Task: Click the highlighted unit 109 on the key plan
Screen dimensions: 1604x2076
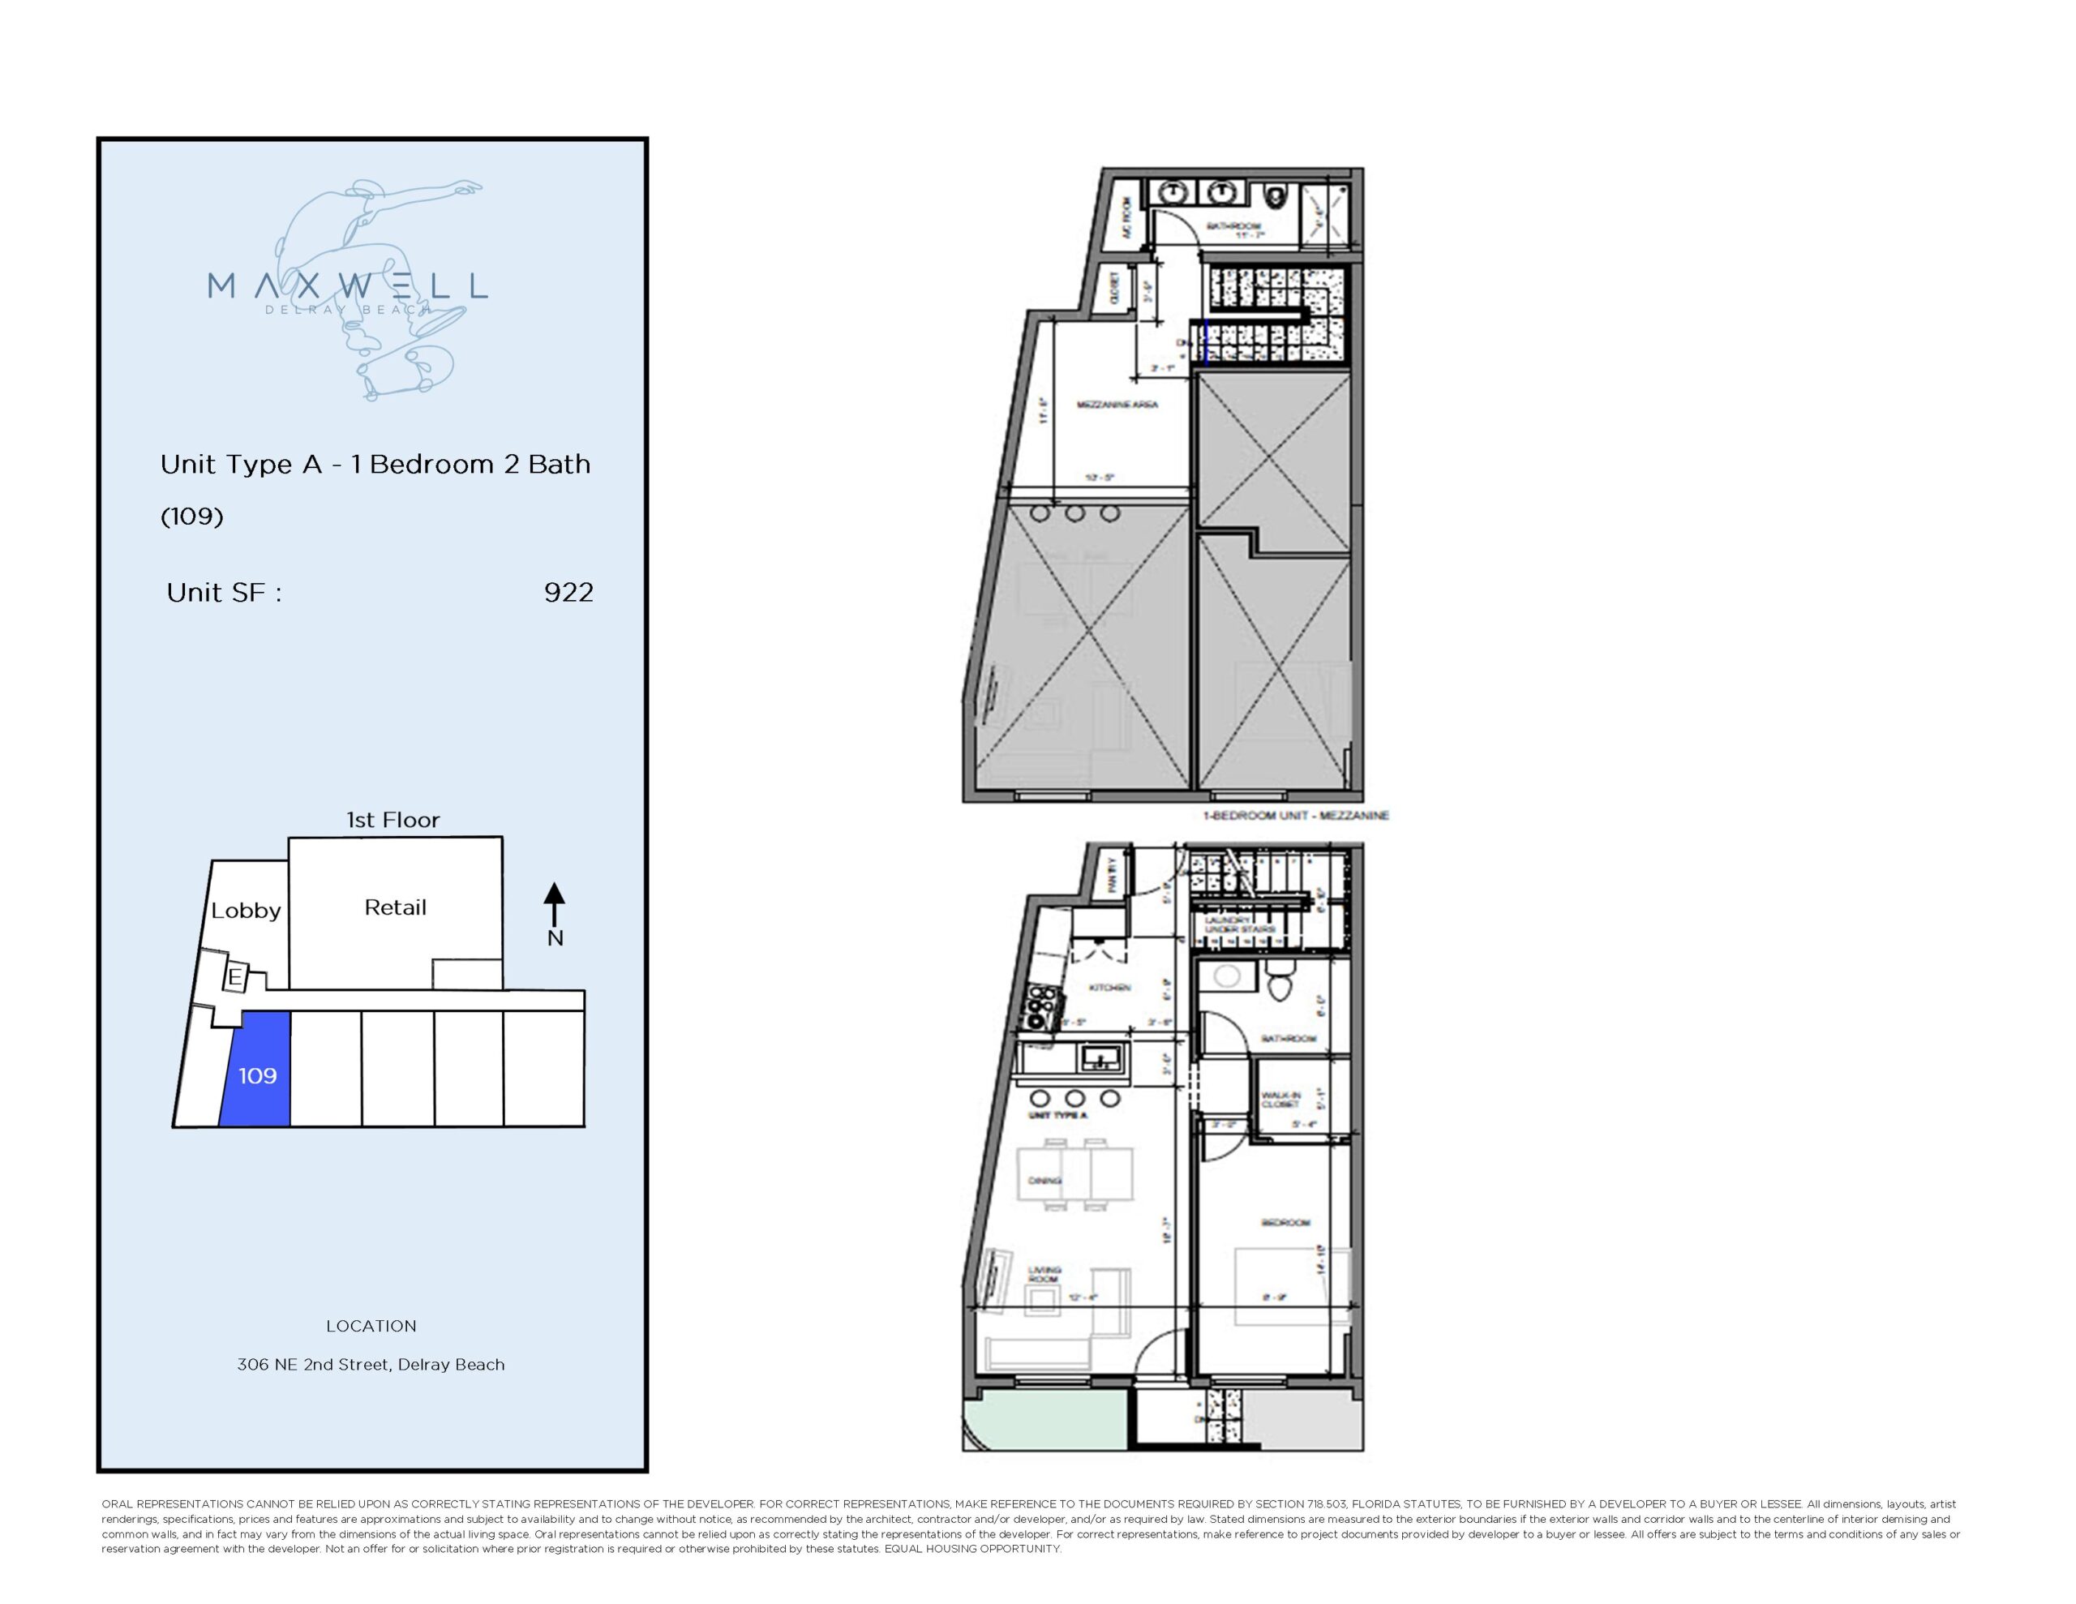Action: coord(256,1074)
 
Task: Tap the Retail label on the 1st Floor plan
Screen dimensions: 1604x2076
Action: coord(396,907)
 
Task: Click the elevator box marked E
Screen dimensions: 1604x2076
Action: coord(234,976)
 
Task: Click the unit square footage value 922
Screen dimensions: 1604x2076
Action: coord(568,592)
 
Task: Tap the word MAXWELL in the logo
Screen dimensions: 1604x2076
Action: coord(347,285)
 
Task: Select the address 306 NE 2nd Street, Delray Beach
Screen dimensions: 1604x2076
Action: coord(371,1365)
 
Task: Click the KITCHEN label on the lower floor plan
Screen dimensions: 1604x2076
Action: coord(1109,988)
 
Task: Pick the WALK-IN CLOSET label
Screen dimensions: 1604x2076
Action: coord(1280,1099)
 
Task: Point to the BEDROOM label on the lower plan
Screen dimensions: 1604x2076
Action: coord(1285,1223)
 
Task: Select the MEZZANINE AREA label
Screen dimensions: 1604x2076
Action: coord(1117,405)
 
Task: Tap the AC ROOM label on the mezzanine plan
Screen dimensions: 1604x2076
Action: coord(1126,219)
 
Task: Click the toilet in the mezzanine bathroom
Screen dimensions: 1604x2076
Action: coord(1276,198)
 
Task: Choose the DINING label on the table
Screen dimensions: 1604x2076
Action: coord(1044,1181)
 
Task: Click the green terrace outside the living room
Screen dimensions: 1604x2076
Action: coord(1043,1422)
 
